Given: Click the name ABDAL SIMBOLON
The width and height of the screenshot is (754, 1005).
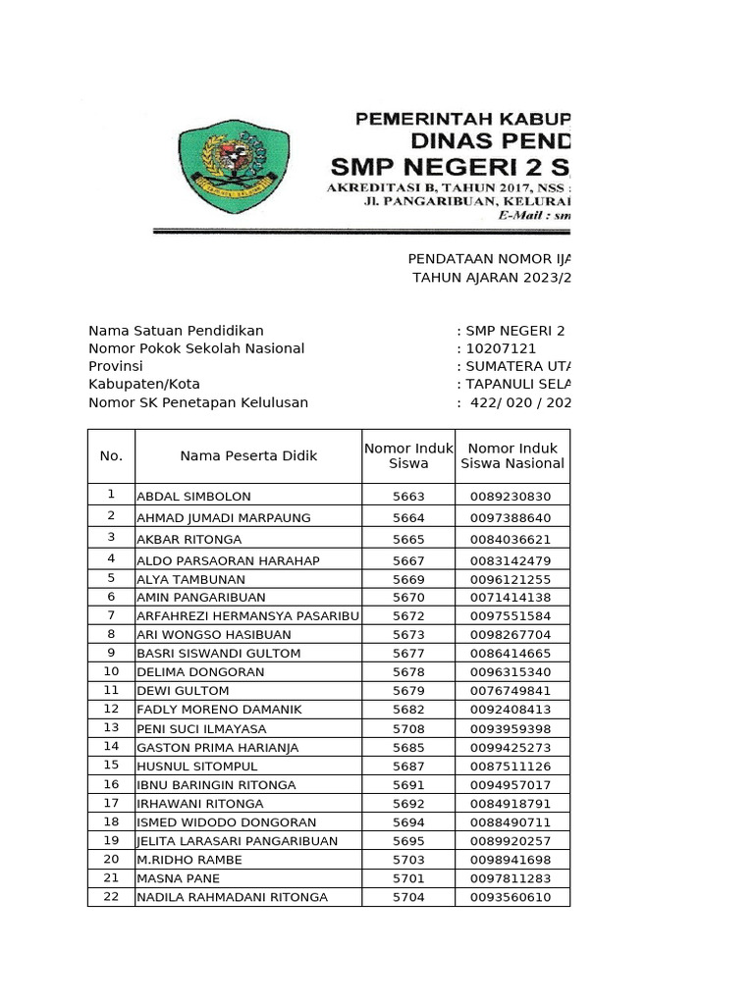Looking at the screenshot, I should point(193,497).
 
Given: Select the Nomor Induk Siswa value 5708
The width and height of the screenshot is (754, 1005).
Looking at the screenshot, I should point(408,728).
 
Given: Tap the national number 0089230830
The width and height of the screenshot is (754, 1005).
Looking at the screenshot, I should point(511,497).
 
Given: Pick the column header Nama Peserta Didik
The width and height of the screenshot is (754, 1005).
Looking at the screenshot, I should point(248,455).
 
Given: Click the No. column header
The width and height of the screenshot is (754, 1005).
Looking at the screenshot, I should point(111,455).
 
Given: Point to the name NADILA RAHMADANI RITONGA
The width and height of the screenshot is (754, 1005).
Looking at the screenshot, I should point(232,897).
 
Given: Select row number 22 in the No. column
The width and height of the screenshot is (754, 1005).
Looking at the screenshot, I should point(111,896).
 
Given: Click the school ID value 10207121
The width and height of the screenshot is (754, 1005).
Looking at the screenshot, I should point(501,348).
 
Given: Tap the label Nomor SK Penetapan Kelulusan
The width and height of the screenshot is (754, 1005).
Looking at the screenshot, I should point(198,402).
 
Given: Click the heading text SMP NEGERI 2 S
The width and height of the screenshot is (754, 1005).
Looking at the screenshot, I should point(448,165).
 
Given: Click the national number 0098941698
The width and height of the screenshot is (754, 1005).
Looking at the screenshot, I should point(511,860).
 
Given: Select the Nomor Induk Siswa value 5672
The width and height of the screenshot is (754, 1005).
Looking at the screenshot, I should point(408,615).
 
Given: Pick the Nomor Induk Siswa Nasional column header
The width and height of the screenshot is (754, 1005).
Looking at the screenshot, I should point(512,455).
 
